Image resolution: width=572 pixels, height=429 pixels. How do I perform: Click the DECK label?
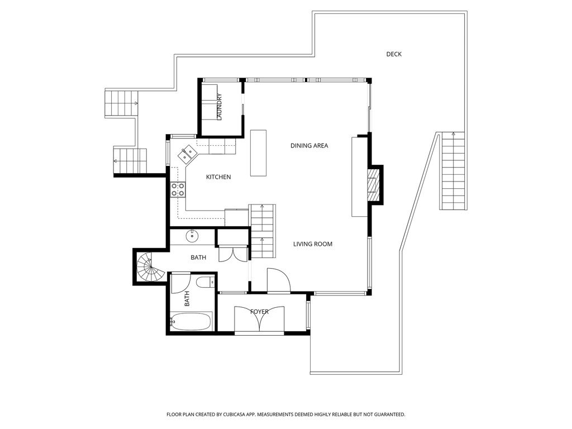tap(394, 54)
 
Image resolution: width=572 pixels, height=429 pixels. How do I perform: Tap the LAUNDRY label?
tap(219, 107)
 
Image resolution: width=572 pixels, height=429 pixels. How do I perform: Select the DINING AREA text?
tap(309, 146)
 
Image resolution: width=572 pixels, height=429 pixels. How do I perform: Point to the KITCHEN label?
tap(218, 177)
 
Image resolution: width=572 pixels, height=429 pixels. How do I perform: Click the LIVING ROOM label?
tap(313, 244)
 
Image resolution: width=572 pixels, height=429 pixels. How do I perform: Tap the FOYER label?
tap(259, 312)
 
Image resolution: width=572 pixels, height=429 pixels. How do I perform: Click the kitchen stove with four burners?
tap(178, 190)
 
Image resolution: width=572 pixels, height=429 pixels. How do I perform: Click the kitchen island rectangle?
tap(258, 153)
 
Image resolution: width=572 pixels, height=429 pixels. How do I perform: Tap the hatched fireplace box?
tap(373, 184)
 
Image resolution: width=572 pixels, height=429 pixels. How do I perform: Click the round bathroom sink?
tap(192, 236)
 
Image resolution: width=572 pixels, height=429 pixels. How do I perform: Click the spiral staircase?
tap(150, 268)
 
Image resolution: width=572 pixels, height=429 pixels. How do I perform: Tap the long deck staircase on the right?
tap(453, 171)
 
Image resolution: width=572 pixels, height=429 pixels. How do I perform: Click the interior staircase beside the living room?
tap(263, 231)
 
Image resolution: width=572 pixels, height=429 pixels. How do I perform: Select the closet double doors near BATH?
tap(233, 254)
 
